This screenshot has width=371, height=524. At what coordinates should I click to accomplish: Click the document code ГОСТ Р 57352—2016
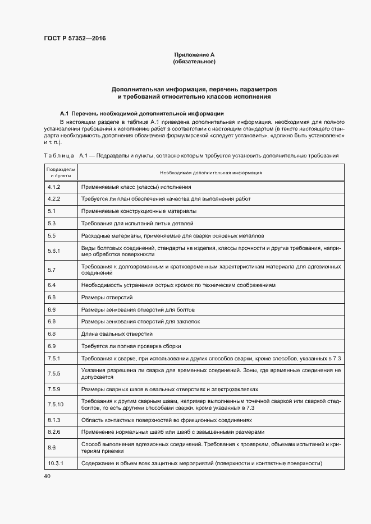pos(74,39)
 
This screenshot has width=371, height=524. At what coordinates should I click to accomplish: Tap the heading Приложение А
pos(194,54)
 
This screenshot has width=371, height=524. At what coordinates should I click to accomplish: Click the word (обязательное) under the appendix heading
pos(194,62)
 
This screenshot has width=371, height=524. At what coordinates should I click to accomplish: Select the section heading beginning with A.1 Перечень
pos(138,113)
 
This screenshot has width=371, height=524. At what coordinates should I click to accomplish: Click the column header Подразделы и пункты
pos(61,173)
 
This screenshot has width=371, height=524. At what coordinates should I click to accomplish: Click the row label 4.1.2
pos(54,187)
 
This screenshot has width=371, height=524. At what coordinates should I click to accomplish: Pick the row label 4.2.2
pos(54,199)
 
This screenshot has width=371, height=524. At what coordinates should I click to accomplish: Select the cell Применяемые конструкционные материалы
pos(139,211)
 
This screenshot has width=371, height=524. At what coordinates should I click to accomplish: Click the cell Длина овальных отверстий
pos(117,333)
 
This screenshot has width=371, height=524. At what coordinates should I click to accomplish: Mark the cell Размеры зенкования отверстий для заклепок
pos(140,321)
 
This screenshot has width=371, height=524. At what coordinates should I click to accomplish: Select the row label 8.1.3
pos(54,420)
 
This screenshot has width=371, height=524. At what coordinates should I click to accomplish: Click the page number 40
pos(47,476)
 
